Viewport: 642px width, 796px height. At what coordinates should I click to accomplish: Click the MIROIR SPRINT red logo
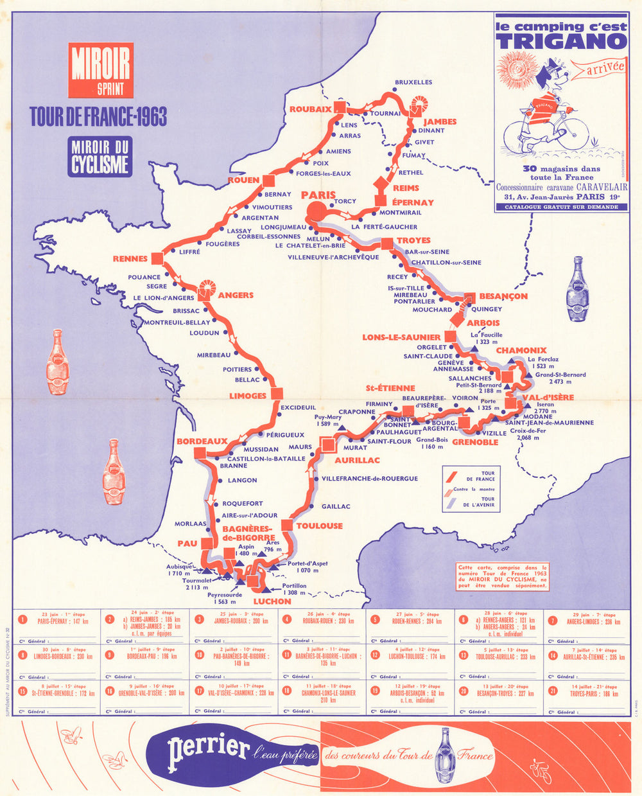[101, 69]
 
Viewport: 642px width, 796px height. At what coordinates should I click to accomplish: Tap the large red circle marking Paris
[316, 211]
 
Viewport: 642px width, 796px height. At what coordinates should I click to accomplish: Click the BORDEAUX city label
[202, 441]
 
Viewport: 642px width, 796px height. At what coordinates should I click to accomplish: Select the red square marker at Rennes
[157, 258]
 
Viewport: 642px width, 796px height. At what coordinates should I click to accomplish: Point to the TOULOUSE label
[319, 526]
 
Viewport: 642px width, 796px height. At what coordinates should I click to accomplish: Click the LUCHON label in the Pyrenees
[272, 601]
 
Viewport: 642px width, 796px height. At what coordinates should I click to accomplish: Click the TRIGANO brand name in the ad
[561, 41]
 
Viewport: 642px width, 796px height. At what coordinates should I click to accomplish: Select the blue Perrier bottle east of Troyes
[577, 289]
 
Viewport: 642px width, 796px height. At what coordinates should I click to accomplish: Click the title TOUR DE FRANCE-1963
[98, 117]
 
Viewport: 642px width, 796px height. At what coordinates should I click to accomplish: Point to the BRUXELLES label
[413, 82]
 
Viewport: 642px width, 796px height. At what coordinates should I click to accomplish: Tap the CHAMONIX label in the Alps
[521, 351]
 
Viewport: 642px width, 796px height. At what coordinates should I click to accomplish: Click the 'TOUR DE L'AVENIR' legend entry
[487, 502]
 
